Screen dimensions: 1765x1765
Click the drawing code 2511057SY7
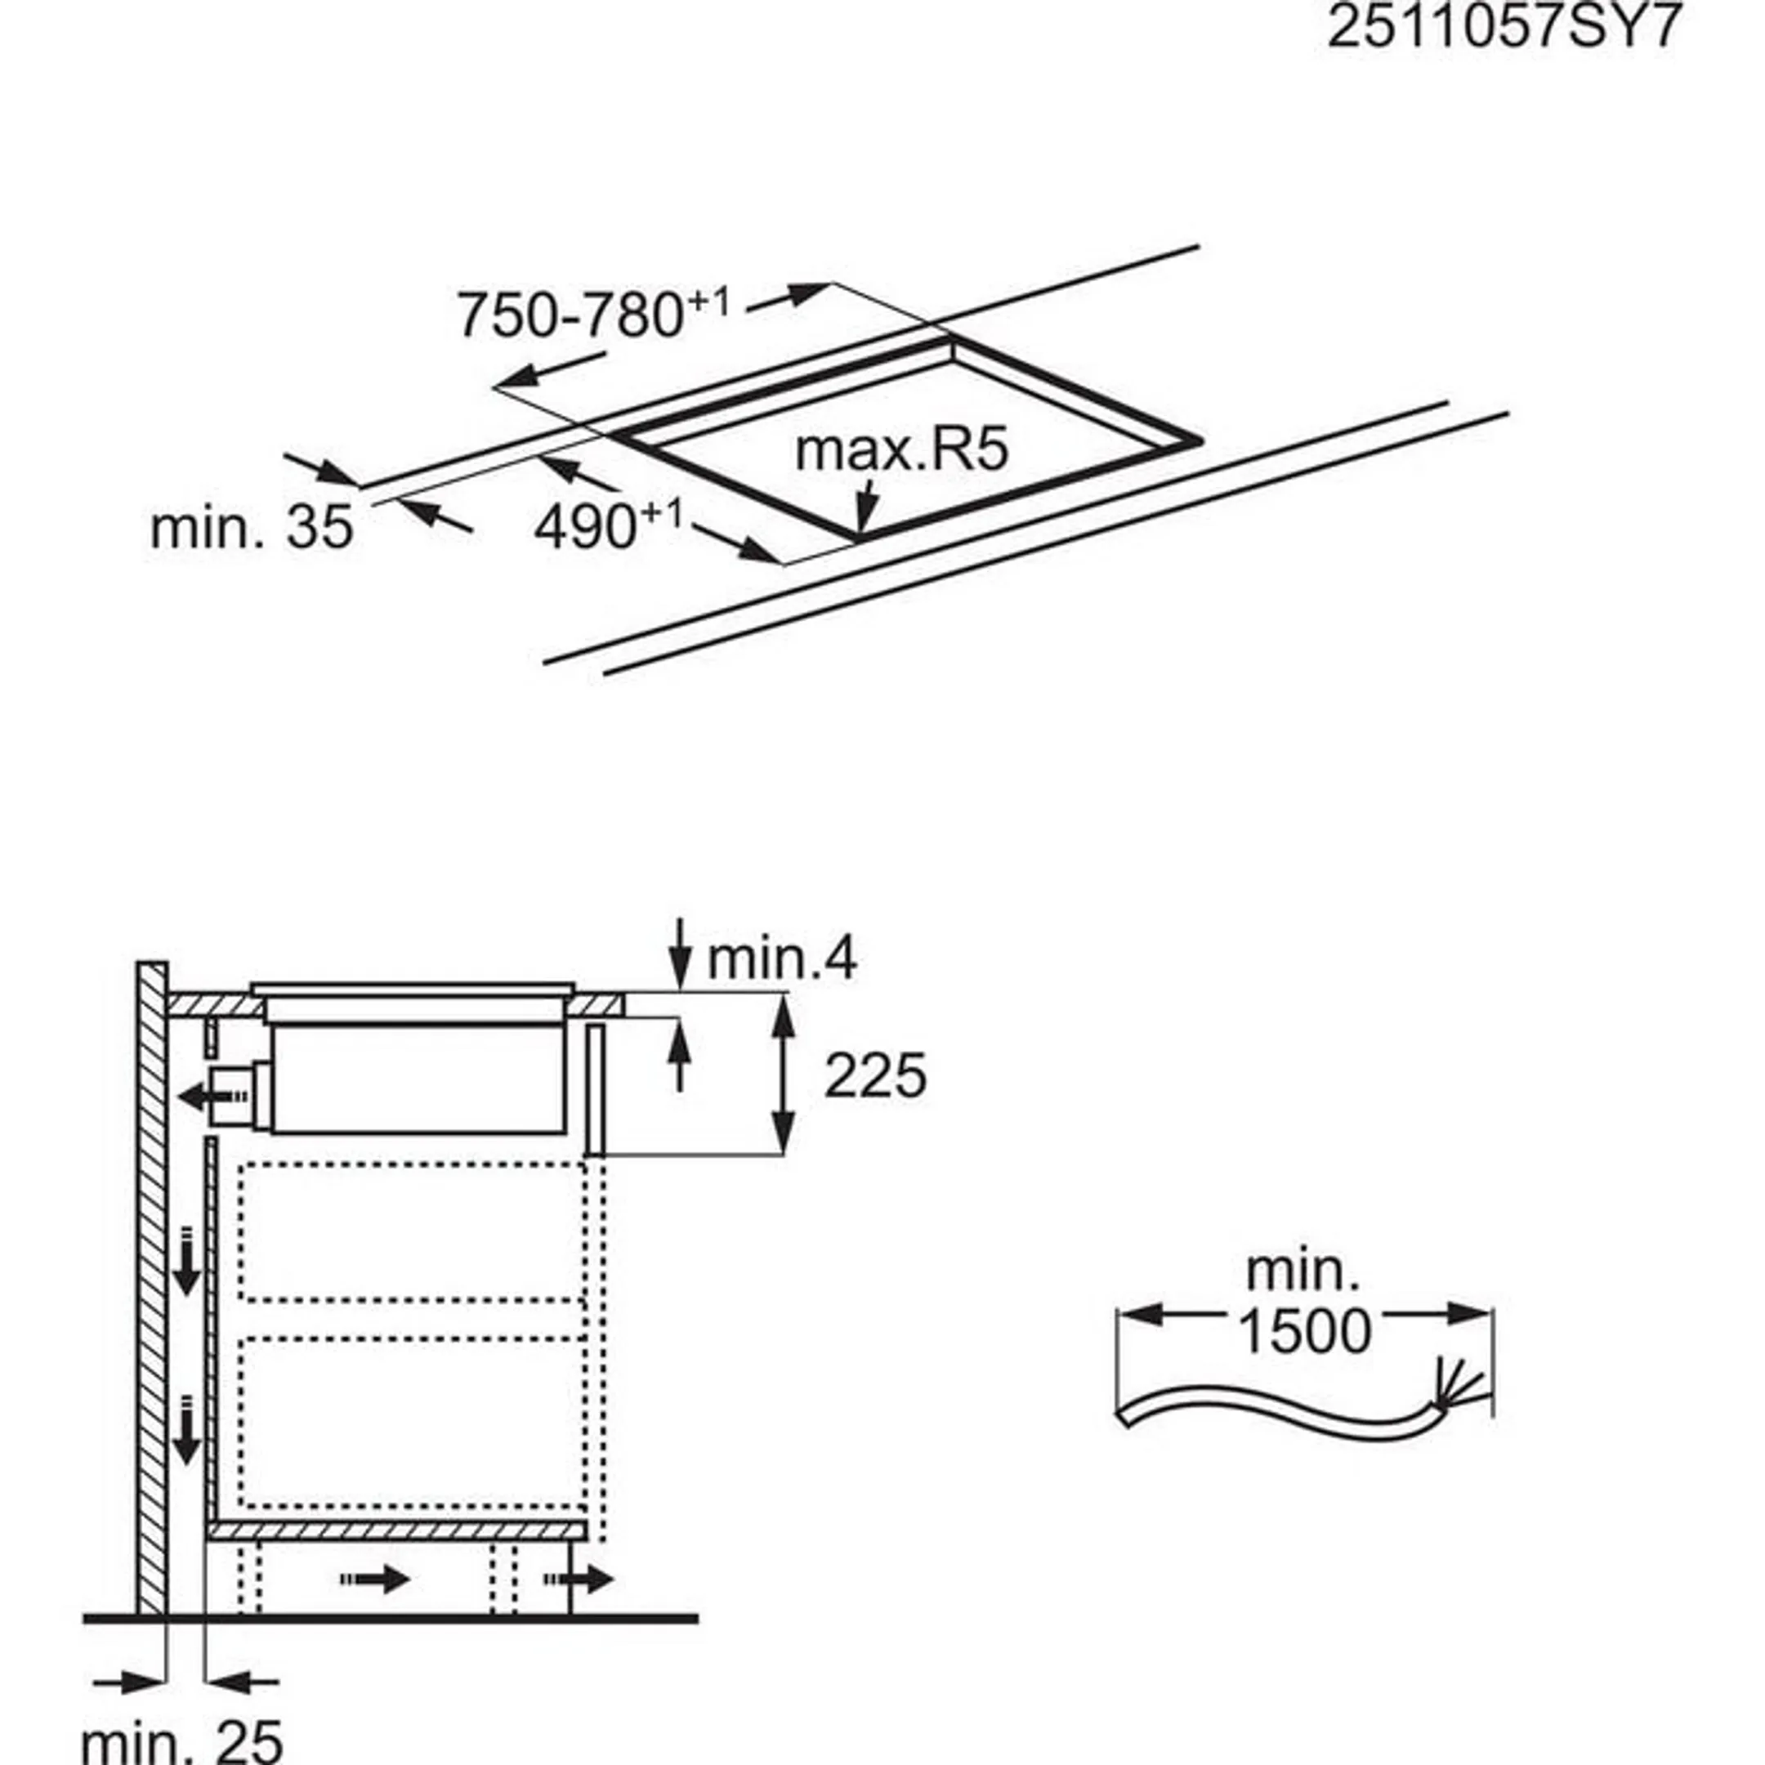(1503, 28)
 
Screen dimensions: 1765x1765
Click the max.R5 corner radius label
(900, 449)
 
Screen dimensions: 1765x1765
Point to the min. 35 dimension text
(251, 528)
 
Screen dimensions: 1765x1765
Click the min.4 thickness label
(782, 959)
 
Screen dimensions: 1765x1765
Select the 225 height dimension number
(874, 1075)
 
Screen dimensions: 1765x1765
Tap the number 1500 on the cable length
(1303, 1331)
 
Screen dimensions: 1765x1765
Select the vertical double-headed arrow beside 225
(782, 1075)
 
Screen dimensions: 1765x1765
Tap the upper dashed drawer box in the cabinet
(411, 1231)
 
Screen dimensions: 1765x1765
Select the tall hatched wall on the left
(153, 1279)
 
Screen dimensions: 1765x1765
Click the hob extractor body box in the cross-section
(417, 1079)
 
